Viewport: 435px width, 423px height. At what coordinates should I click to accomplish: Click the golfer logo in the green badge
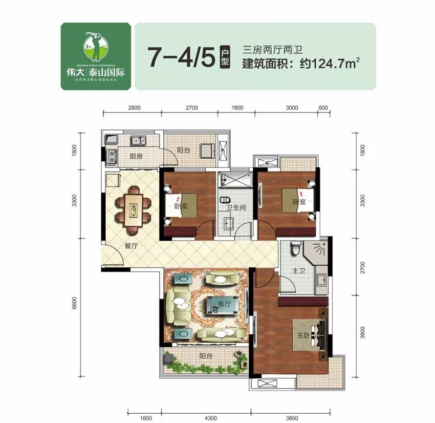pos(96,44)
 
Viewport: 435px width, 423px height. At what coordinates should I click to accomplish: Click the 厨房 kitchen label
pos(136,157)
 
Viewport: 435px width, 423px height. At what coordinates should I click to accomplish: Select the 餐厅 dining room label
pos(132,245)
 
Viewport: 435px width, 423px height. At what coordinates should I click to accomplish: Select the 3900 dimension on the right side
pos(363,334)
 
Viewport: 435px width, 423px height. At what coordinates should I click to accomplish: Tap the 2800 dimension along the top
pos(134,108)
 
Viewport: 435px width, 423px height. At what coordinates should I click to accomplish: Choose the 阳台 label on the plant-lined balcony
pos(206,354)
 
